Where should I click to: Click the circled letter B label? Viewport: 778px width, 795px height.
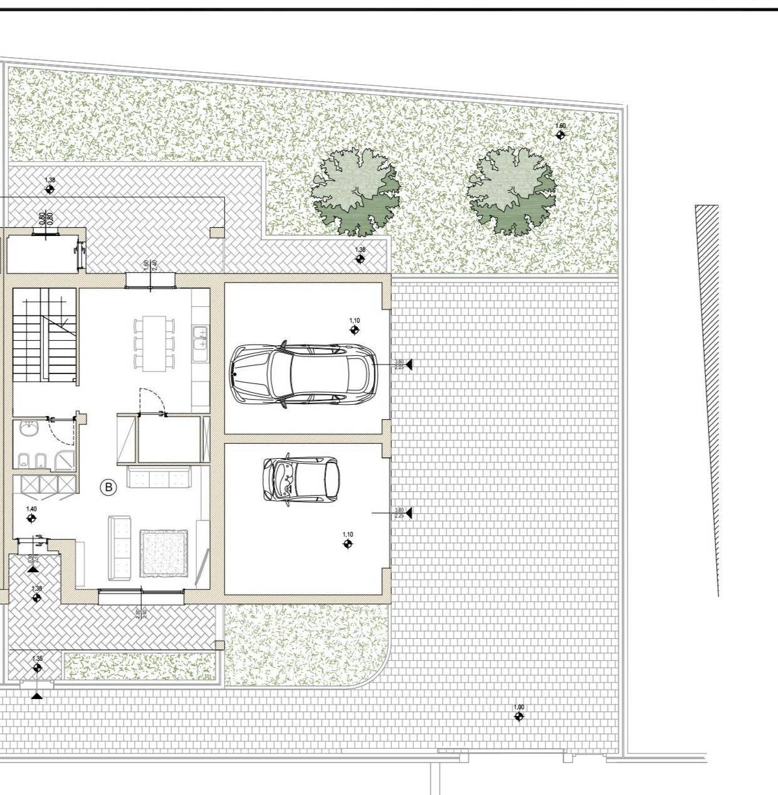(x=108, y=487)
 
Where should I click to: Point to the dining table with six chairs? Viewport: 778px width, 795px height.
(x=154, y=342)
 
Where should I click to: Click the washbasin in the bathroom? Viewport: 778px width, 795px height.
(x=28, y=429)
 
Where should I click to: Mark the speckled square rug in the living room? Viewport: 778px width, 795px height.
(x=164, y=553)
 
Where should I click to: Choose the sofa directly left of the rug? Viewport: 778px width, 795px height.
(x=119, y=548)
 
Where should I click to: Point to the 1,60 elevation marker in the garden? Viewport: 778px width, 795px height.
(x=560, y=134)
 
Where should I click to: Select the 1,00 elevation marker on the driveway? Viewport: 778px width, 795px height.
(x=518, y=716)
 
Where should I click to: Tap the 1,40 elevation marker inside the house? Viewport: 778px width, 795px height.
(x=31, y=518)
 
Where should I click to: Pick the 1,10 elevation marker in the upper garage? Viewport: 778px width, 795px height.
(x=355, y=329)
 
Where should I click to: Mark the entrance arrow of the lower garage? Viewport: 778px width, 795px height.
(x=408, y=513)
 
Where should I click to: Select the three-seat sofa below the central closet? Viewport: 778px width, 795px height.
(x=158, y=478)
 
